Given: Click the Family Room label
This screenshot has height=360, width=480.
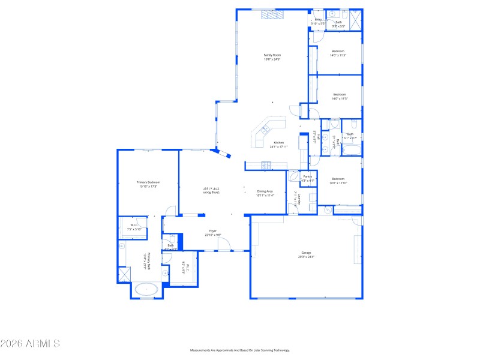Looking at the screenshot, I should point(272,55).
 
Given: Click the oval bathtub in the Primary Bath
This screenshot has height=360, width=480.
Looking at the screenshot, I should point(146,289).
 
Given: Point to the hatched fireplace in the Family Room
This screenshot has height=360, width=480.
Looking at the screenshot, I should point(269,16).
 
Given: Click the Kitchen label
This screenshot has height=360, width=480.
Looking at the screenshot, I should point(278,143).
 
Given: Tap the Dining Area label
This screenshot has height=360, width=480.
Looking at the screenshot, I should point(265,191).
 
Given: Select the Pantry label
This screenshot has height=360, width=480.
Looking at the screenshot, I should point(307,176).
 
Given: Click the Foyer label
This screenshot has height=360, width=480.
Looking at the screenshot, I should point(212,230).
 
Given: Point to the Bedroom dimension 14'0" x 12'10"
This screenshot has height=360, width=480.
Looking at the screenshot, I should point(338,183).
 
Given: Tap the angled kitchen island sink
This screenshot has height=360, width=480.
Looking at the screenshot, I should point(264,129).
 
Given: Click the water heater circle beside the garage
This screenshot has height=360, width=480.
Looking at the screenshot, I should point(328,210).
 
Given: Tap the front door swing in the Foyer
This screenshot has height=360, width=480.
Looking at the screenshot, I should point(223,244).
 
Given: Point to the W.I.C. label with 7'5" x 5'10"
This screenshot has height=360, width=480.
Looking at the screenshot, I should point(133,227).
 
